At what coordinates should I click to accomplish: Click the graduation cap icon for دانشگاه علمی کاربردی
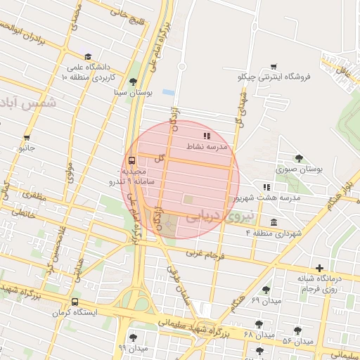tap(88, 57)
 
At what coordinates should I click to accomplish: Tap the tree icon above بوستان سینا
tap(133, 82)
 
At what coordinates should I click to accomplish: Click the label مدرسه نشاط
tap(207, 146)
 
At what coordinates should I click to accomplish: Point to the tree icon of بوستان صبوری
tap(300, 158)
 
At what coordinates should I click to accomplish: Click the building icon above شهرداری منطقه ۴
tap(274, 222)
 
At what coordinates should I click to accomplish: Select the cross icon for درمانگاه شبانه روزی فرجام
tap(320, 268)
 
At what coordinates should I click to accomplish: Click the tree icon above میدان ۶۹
tap(266, 290)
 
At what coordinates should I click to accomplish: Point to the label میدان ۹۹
tap(133, 348)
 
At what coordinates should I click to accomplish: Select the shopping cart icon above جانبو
tap(27, 138)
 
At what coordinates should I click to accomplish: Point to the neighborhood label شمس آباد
tap(29, 103)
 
